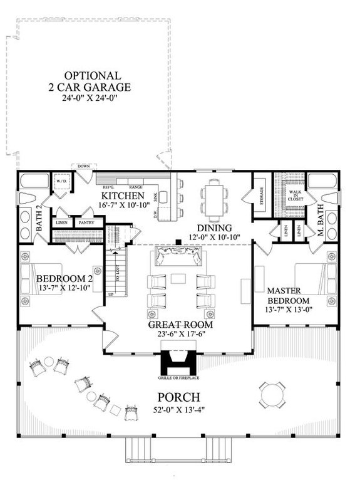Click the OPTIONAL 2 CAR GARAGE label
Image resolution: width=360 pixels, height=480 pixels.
coord(93,80)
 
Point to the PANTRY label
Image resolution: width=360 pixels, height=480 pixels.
coord(84,222)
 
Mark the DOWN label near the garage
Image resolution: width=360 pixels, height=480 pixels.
coord(83,166)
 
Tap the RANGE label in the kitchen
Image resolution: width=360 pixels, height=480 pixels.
coord(135,187)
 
